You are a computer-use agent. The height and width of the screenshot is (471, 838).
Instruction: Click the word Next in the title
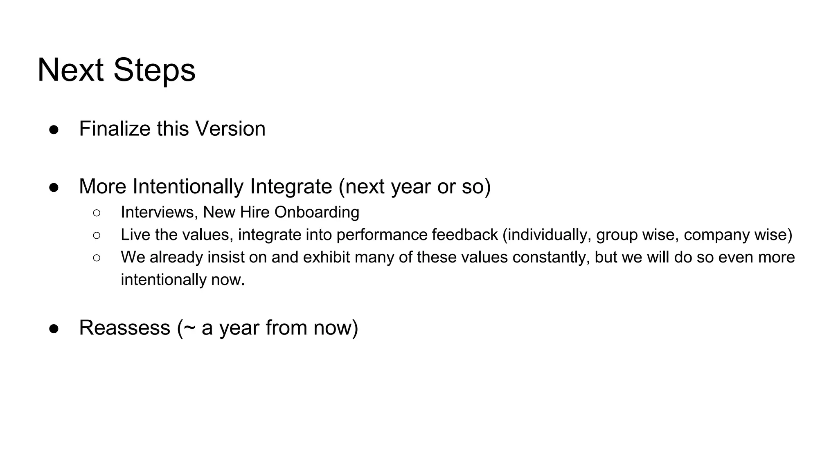pyautogui.click(x=70, y=70)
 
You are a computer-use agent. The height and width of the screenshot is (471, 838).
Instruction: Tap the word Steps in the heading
pyautogui.click(x=154, y=70)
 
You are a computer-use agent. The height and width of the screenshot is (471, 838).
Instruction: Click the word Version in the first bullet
pyautogui.click(x=230, y=129)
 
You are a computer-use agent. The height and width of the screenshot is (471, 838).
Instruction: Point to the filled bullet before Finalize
pyautogui.click(x=54, y=130)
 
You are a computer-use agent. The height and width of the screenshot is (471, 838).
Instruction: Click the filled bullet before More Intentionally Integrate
pyautogui.click(x=54, y=188)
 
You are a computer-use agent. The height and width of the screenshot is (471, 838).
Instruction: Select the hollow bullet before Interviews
pyautogui.click(x=97, y=213)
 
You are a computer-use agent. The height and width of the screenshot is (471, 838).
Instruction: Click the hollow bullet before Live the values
pyautogui.click(x=97, y=235)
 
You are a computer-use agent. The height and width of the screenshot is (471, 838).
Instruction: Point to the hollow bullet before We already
pyautogui.click(x=97, y=258)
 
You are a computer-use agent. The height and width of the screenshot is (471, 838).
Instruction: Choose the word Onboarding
pyautogui.click(x=317, y=212)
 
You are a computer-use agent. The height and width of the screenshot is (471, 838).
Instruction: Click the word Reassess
pyautogui.click(x=124, y=327)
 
